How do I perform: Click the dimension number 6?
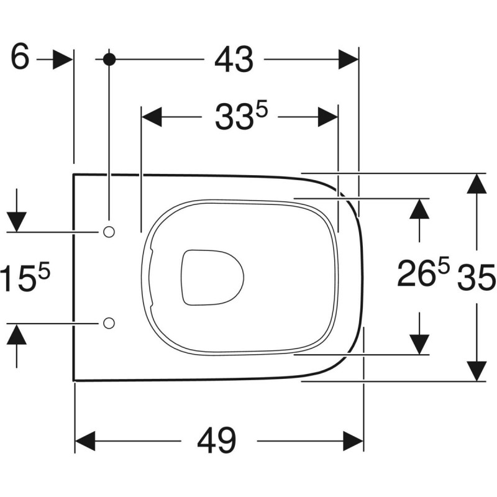(20, 59)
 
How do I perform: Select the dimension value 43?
(234, 60)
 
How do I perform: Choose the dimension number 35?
(476, 276)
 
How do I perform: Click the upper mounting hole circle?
(109, 232)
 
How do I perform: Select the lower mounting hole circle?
(109, 323)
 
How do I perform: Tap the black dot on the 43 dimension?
(109, 60)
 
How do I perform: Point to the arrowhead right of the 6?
(62, 60)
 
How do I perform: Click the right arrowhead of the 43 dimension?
(348, 60)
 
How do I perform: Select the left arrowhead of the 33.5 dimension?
(152, 117)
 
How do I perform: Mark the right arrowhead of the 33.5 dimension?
(328, 117)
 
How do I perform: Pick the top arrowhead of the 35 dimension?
(476, 184)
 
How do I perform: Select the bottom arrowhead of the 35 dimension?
(476, 371)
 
